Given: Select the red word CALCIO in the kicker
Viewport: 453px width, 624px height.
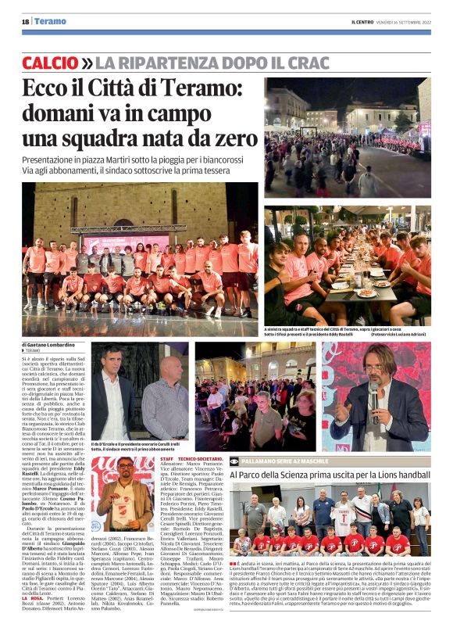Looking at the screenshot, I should (50, 62).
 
